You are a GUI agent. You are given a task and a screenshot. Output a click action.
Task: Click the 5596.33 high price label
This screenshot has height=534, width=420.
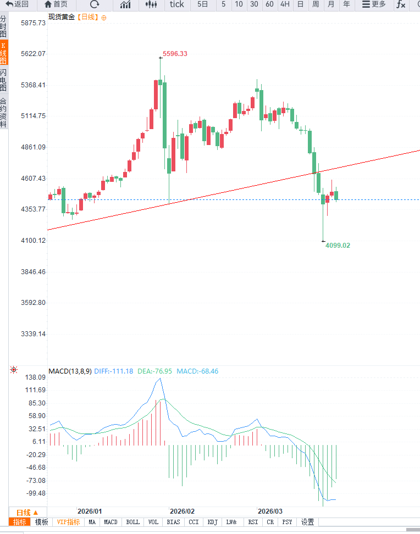click(x=175, y=54)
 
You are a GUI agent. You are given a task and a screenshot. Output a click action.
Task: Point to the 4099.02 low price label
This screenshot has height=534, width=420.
click(x=337, y=246)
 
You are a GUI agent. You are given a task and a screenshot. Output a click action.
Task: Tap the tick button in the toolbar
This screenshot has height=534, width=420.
click(x=177, y=4)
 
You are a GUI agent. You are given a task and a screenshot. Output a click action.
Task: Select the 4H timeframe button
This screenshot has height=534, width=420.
click(x=285, y=4)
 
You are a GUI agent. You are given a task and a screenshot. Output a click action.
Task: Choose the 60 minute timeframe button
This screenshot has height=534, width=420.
click(x=269, y=4)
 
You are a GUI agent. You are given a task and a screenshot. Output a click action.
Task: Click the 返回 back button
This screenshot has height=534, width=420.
click(x=17, y=4)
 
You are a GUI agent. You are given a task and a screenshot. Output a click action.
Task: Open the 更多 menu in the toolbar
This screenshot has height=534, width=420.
click(x=374, y=4)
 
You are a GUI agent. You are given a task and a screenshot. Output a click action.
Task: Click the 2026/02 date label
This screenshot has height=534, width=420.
click(x=183, y=510)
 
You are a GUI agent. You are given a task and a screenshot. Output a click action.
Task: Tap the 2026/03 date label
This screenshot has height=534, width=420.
click(x=270, y=510)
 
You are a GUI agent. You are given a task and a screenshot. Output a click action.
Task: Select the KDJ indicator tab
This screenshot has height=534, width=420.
click(x=213, y=522)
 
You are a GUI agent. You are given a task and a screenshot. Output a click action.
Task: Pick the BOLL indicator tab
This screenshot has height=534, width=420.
click(x=133, y=522)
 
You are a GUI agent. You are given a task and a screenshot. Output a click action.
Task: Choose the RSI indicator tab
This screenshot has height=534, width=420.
click(x=253, y=522)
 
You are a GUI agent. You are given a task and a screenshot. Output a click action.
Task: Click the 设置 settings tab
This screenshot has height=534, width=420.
click(x=307, y=522)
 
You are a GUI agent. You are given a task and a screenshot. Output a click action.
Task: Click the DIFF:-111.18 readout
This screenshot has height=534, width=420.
click(x=113, y=371)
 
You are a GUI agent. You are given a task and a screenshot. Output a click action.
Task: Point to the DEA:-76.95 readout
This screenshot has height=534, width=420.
click(x=155, y=371)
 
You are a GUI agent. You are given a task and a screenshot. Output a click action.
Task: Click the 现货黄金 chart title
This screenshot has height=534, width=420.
click(x=61, y=17)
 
